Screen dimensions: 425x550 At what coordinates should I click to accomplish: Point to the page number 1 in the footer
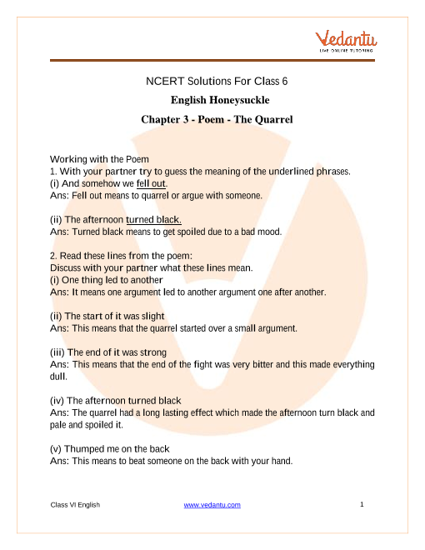coord(363,505)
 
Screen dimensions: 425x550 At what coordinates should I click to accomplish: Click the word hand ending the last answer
coord(297,461)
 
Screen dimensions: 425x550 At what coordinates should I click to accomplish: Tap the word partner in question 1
coord(119,172)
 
